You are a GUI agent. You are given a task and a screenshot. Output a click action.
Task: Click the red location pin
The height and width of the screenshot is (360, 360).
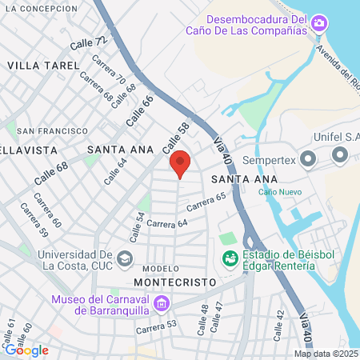[x=180, y=164]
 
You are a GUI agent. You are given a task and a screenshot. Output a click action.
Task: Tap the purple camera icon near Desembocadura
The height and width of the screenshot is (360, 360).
[x=319, y=23]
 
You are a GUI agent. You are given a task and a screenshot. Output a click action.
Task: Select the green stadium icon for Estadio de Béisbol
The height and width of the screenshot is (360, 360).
[x=230, y=258]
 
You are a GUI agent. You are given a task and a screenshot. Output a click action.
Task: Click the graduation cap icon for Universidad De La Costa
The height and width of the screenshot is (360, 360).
[x=124, y=258]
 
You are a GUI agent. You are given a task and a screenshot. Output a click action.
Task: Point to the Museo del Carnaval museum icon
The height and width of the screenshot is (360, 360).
[x=162, y=304]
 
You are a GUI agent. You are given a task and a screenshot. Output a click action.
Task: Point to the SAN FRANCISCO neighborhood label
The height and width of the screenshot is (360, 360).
[x=53, y=130]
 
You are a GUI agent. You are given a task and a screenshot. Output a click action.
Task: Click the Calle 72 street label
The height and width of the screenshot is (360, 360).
[x=87, y=44]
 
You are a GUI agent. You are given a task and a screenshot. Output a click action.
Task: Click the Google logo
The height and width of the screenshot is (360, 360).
[x=26, y=350]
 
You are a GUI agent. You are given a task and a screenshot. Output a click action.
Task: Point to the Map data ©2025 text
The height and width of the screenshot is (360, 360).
[x=325, y=354]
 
